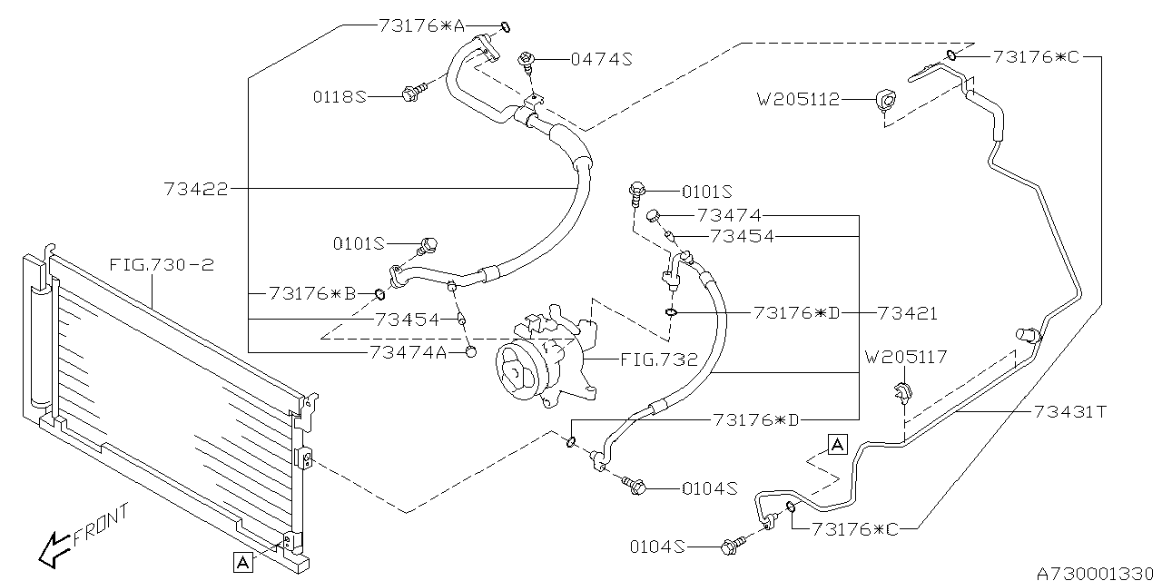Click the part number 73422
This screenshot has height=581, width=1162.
click(x=196, y=189)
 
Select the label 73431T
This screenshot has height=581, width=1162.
click(x=1070, y=412)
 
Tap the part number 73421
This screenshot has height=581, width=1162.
click(x=908, y=313)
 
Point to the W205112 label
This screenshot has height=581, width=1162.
click(x=798, y=99)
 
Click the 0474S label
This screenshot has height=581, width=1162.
click(x=602, y=60)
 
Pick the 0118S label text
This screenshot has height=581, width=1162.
click(x=340, y=97)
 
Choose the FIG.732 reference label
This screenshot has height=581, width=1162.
click(x=659, y=359)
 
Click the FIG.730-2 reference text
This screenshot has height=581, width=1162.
click(x=162, y=265)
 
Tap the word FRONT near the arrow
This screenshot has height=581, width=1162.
click(x=101, y=526)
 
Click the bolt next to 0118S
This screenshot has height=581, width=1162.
click(x=414, y=93)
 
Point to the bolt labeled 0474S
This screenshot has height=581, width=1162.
click(x=526, y=63)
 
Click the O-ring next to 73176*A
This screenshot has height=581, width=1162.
click(x=506, y=26)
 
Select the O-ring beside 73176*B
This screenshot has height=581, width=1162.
click(x=379, y=295)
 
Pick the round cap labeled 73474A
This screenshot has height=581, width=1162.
click(x=471, y=352)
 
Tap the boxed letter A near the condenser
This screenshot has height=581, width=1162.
click(x=242, y=562)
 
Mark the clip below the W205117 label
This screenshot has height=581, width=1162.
click(x=903, y=392)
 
